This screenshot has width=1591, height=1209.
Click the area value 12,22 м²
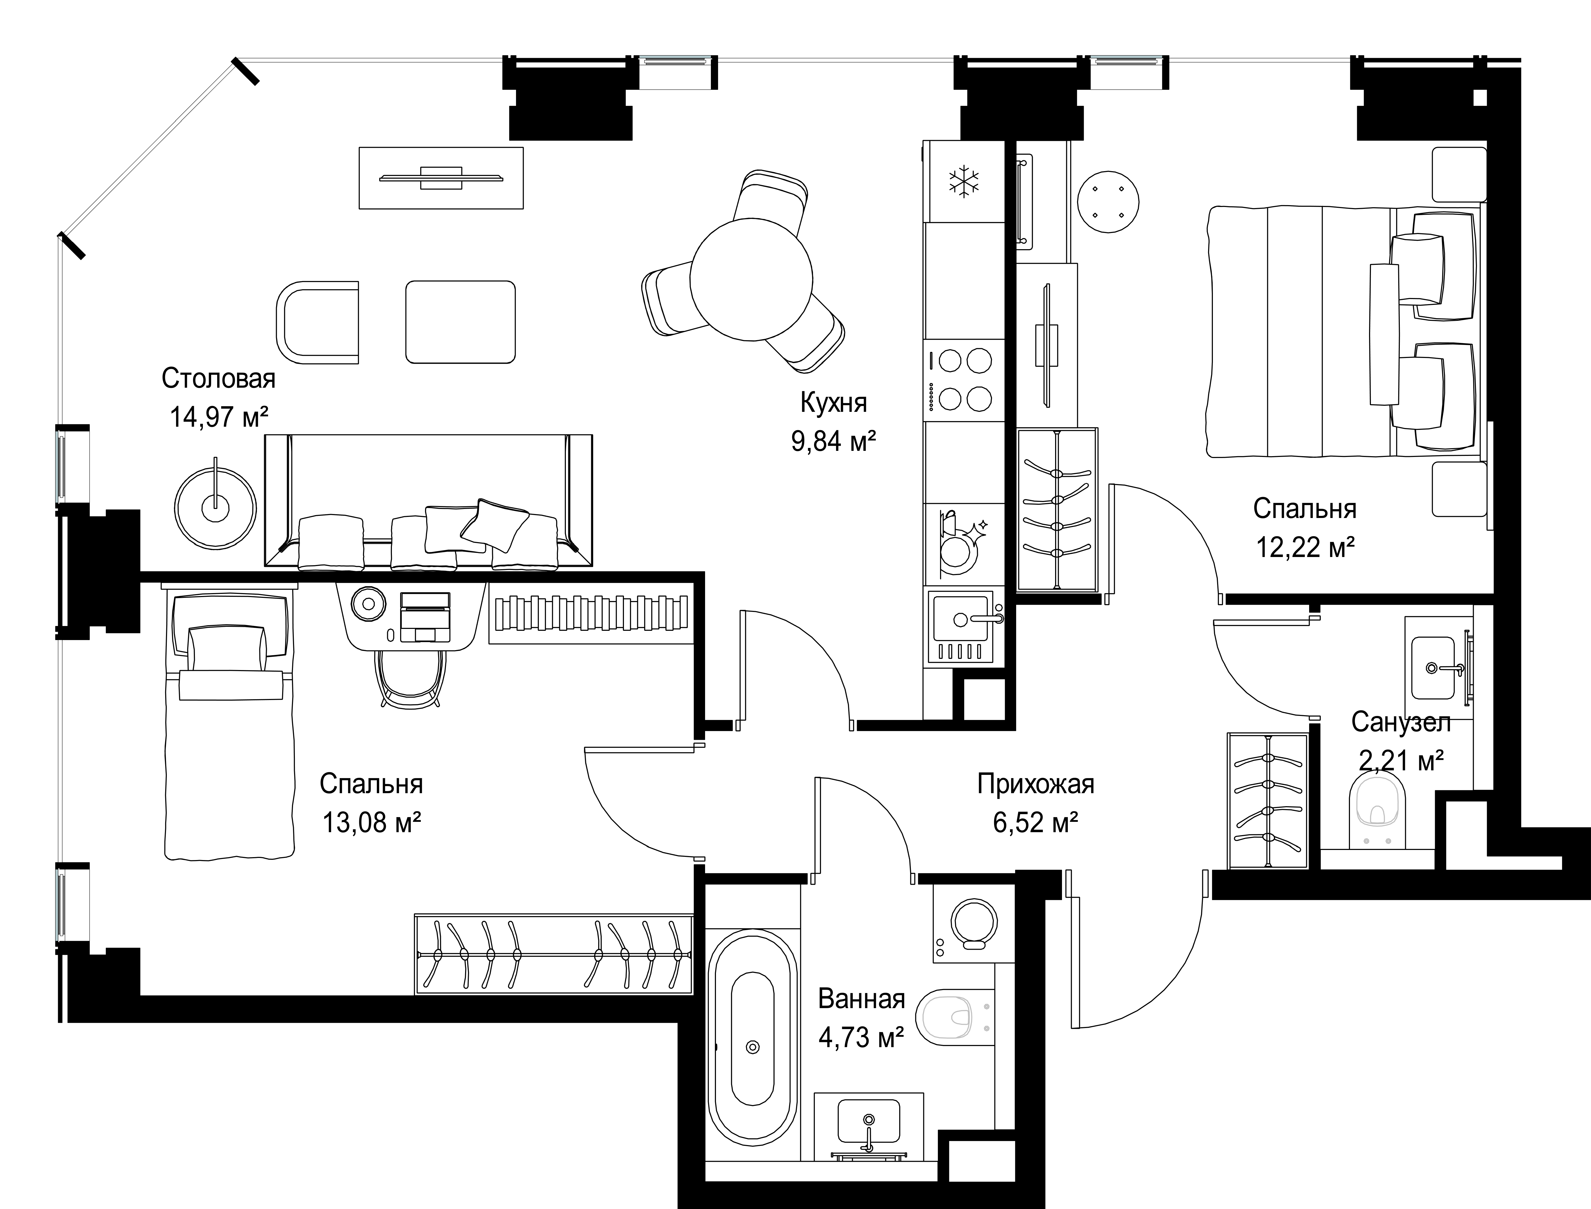(1305, 548)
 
